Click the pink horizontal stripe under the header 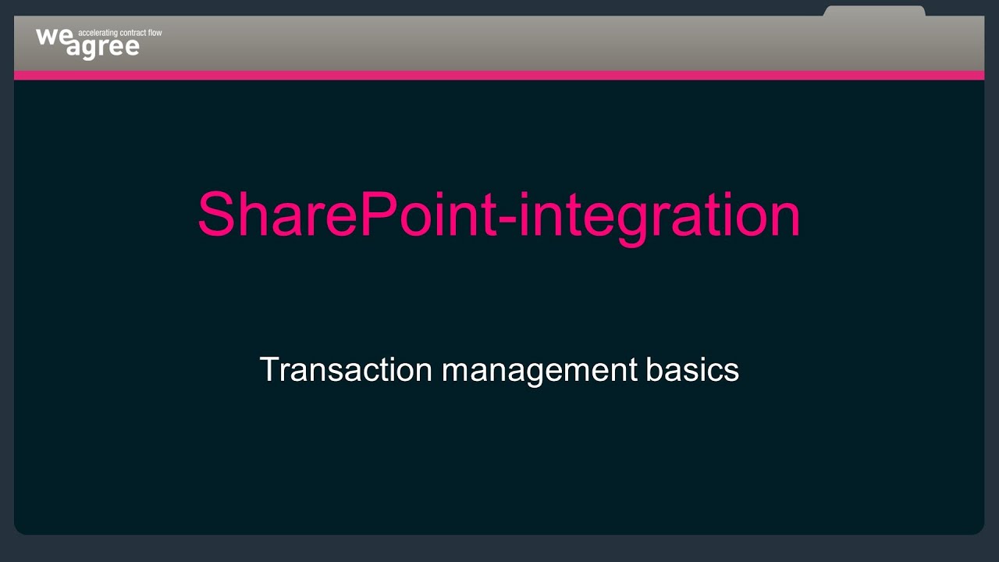click(499, 75)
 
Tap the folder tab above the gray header click(874, 11)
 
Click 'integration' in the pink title click(659, 215)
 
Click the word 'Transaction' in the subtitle click(345, 369)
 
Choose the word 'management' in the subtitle click(539, 369)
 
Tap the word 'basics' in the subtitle click(692, 369)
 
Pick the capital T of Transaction click(269, 369)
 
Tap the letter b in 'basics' click(653, 368)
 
